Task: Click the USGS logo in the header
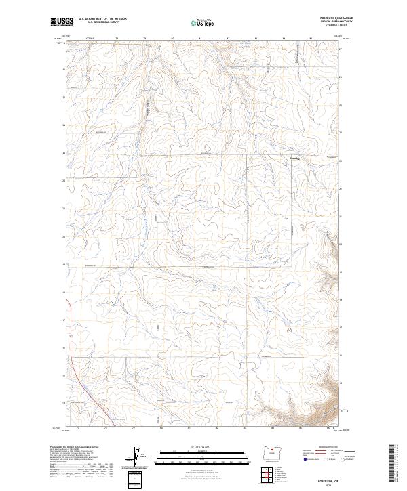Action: tap(62, 21)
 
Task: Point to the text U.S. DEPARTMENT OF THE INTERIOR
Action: tap(102, 19)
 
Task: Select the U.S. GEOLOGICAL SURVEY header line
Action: tap(102, 22)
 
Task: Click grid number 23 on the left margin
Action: tap(63, 153)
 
